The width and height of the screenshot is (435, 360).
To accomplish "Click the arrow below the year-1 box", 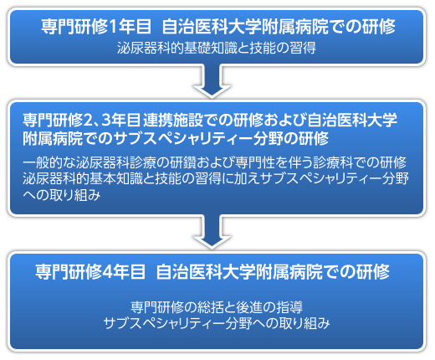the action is pyautogui.click(x=212, y=81).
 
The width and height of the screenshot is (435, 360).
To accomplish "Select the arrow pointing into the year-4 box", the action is pyautogui.click(x=212, y=232).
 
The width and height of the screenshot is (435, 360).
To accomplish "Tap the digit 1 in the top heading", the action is pyautogui.click(x=113, y=27).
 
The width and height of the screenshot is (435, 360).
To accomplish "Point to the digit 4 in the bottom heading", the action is pyautogui.click(x=107, y=272).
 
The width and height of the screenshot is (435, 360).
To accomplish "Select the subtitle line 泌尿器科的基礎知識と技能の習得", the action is pyautogui.click(x=217, y=48).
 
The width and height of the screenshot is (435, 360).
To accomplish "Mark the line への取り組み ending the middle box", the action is pyautogui.click(x=62, y=195).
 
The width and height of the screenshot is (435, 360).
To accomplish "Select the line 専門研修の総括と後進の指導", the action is pyautogui.click(x=217, y=307).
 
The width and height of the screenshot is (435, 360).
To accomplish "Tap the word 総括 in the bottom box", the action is pyautogui.click(x=210, y=307).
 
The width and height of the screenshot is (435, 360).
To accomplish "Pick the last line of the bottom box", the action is pyautogui.click(x=217, y=323).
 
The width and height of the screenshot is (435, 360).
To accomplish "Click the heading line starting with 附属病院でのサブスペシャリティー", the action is pyautogui.click(x=176, y=138).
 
